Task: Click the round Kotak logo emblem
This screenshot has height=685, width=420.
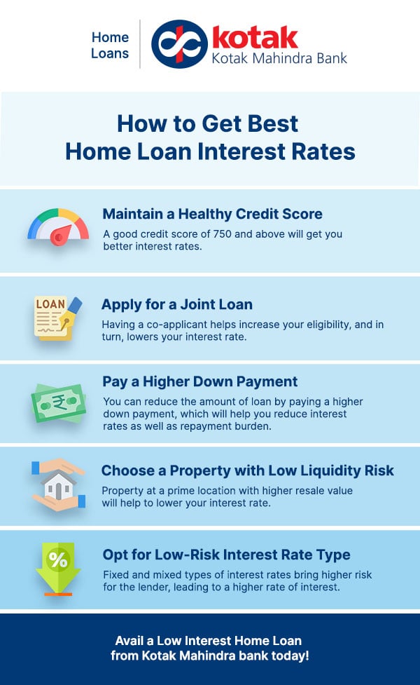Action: point(178,43)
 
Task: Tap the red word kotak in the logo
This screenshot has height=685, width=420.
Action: point(254,36)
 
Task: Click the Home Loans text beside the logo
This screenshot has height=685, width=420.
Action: point(110,45)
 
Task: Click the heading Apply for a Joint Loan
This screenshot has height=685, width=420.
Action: point(176,304)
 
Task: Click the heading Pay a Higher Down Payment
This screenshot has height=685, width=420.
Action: point(200,381)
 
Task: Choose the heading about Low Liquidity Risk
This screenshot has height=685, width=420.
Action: point(247,470)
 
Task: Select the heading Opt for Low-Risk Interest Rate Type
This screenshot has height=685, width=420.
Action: point(226,555)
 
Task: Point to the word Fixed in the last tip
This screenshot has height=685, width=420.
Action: point(116,574)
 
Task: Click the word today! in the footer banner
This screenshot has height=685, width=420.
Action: point(290,656)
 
